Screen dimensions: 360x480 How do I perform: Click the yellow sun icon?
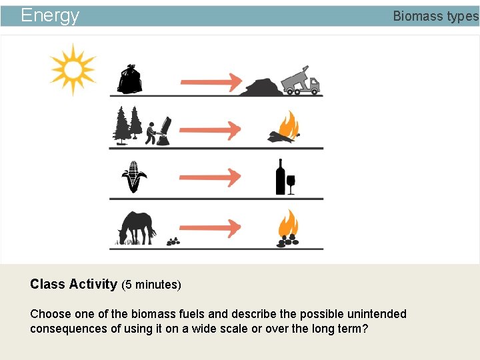click(x=73, y=69)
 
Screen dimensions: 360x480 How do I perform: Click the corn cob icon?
click(x=134, y=177)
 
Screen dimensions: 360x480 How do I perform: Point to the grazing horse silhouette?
click(x=137, y=228)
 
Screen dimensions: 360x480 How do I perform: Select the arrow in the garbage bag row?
click(x=211, y=82)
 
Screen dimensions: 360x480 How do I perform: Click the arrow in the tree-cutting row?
click(x=211, y=130)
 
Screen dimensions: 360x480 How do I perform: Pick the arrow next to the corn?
click(x=211, y=178)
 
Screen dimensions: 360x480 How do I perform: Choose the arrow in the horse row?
click(x=211, y=227)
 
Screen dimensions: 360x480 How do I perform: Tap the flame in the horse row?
click(x=288, y=223)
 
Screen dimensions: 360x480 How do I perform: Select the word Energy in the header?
click(x=50, y=15)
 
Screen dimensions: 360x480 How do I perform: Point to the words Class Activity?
click(x=73, y=284)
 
